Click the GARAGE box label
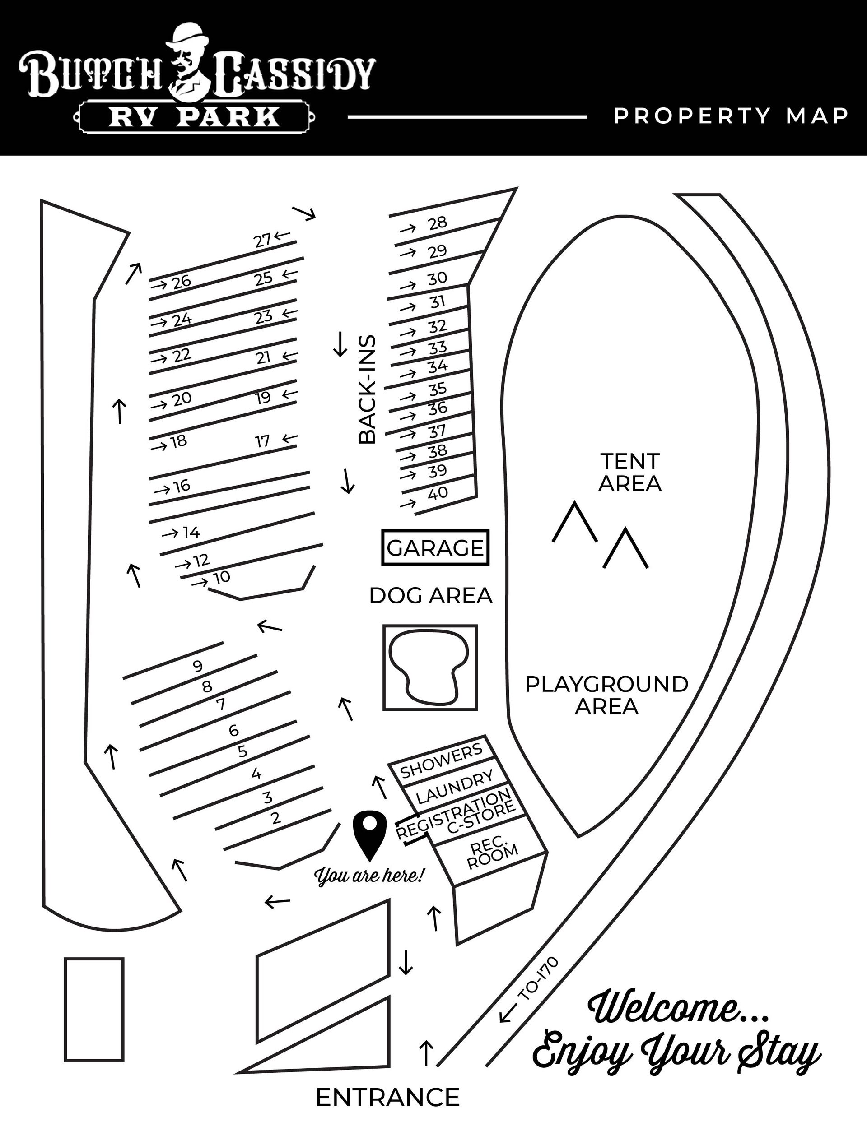435,547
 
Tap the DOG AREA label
430,596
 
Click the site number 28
438,223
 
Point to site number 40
438,493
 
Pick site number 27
263,241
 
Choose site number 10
222,577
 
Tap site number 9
197,666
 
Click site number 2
275,818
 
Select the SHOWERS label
441,761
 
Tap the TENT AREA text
630,472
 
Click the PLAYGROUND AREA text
606,695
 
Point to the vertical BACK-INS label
367,389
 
